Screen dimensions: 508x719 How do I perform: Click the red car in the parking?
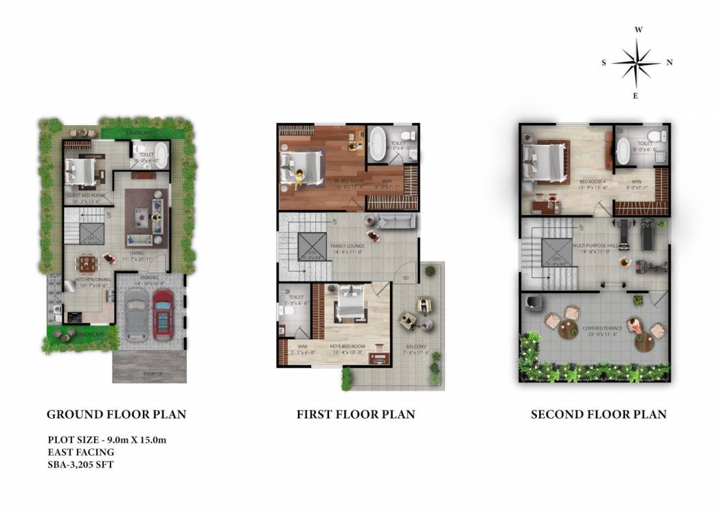(162, 314)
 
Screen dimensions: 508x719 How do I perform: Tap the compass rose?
(636, 63)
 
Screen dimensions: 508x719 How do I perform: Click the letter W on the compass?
(638, 30)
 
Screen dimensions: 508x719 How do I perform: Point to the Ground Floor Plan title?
(116, 415)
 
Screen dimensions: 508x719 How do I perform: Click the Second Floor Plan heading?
(599, 415)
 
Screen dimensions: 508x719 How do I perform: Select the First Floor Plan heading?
(356, 415)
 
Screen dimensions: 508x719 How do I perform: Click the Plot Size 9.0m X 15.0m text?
(111, 439)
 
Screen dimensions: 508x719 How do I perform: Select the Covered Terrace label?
(602, 328)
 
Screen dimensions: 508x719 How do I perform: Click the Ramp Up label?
(153, 374)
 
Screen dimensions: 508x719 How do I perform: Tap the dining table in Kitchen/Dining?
(87, 265)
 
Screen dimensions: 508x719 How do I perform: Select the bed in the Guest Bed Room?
(80, 173)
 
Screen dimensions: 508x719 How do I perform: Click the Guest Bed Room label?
(85, 196)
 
